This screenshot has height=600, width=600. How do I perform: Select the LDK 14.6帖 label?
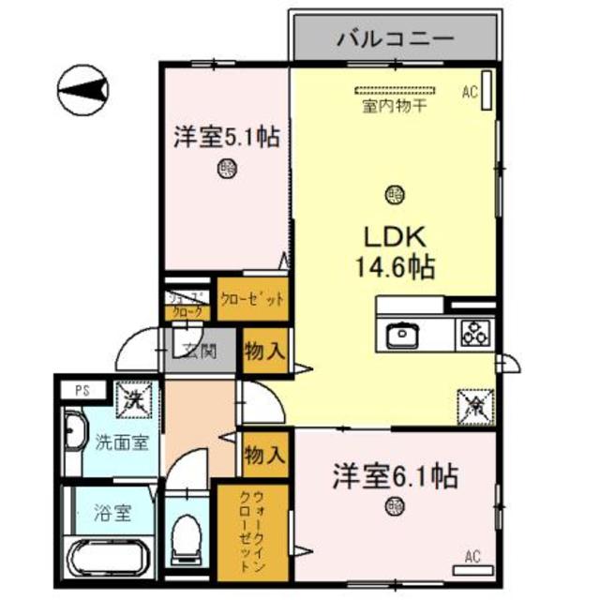[393, 250]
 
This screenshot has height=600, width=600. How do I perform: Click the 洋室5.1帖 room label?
[225, 138]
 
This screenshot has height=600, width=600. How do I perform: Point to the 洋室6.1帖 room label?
[394, 476]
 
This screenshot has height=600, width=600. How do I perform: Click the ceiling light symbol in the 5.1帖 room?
[225, 170]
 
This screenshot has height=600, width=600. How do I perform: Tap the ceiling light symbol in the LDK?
[394, 195]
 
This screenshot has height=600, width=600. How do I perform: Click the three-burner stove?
[474, 333]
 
